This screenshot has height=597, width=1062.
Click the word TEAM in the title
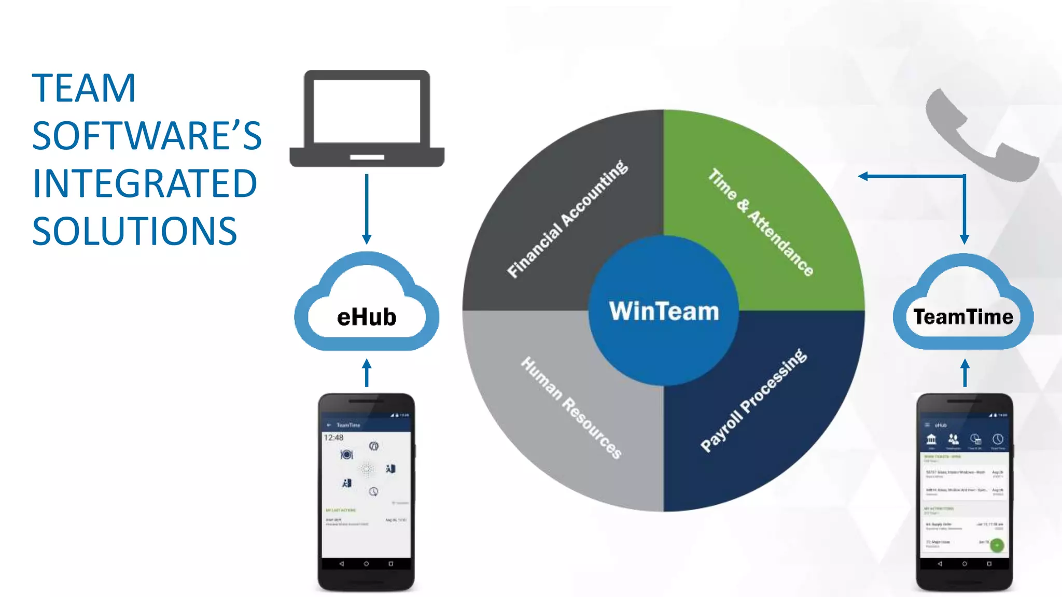pos(84,88)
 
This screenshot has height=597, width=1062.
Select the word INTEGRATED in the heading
pos(145,183)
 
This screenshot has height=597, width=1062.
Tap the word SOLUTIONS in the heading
pos(135,231)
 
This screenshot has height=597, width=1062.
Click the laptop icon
pos(367,118)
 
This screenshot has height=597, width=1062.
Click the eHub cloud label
pos(367,317)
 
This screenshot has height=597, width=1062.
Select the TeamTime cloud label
pos(963,317)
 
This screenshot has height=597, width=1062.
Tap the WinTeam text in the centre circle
pos(664,311)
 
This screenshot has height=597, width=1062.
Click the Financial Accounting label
pos(567,219)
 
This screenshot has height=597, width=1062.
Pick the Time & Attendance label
pos(761,222)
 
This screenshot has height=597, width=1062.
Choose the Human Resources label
pos(571,407)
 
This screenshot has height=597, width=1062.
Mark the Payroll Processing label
pos(753,400)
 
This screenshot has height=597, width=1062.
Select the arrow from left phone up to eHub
pos(367,373)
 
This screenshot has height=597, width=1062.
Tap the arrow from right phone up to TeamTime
pos(965,373)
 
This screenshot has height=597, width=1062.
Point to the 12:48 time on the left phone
pos(333,438)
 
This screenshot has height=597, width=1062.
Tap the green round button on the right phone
pos(997,545)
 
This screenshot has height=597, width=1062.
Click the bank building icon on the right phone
pos(931,439)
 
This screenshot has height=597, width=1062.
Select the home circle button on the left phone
pos(366,564)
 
